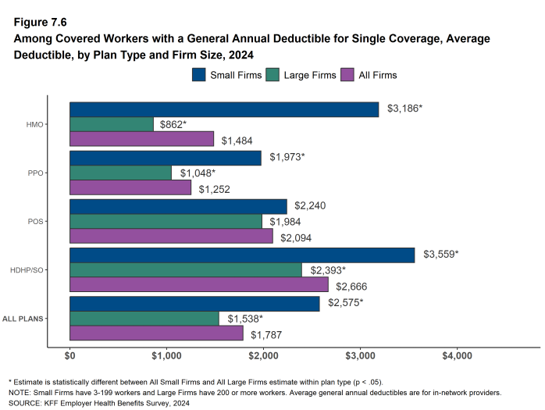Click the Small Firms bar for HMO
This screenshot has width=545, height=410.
coord(224,109)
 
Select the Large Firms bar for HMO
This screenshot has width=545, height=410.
coord(112,124)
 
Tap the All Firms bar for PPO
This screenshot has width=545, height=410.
coord(130,187)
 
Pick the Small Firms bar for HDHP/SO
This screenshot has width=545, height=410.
coord(242,255)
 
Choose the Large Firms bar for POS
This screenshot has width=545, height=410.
coord(166,221)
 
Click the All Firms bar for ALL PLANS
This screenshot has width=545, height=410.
coord(156,333)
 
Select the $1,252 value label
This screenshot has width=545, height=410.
coord(214,188)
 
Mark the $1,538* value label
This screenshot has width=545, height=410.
coord(245,319)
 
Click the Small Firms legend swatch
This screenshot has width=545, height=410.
coord(199,75)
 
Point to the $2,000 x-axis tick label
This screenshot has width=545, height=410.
coord(263,356)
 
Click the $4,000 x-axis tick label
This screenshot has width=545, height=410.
coord(457,356)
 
